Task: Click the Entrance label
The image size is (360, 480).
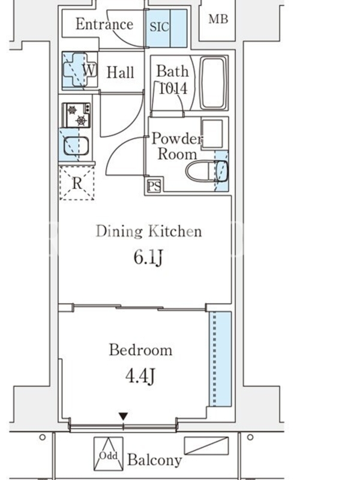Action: coord(104,24)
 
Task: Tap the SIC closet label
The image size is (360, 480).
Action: coord(159,26)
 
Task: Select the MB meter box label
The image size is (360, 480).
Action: coord(218,19)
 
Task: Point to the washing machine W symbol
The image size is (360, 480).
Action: coord(89,70)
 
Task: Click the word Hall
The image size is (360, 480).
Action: coord(121,73)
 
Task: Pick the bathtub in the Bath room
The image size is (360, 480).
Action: coord(213,83)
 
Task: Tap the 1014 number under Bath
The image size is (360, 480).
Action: coord(173,88)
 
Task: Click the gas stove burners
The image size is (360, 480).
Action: coord(77,115)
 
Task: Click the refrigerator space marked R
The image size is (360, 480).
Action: coord(77,183)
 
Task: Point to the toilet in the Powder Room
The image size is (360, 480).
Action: coord(207,171)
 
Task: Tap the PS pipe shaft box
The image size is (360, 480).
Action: coord(154,185)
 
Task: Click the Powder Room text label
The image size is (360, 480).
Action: coord(177,146)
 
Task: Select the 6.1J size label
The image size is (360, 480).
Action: coord(148,257)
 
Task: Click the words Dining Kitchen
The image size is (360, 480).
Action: coord(149,231)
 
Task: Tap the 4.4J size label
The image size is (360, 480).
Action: coord(140,376)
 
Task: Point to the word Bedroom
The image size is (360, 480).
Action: coord(141,350)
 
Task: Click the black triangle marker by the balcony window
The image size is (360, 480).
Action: coord(123,416)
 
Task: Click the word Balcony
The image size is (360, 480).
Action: coord(155,460)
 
